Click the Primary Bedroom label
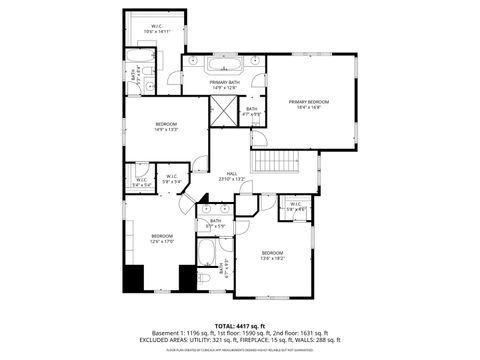(309, 104)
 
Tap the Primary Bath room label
(224, 84)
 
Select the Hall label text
(231, 175)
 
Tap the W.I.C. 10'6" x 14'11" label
(157, 30)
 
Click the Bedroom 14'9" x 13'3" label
(166, 127)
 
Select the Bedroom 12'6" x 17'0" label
(148, 238)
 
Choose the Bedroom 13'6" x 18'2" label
(272, 255)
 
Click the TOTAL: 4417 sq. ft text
(239, 325)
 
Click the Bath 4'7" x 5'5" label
(252, 111)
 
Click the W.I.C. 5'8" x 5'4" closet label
(173, 180)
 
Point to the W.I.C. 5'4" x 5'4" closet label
(141, 183)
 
